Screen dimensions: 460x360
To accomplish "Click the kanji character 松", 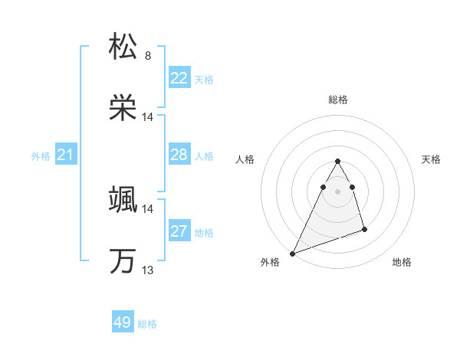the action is [x=123, y=47].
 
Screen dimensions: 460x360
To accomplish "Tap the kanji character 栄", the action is [x=123, y=108].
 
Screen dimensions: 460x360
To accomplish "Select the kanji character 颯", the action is [x=123, y=201].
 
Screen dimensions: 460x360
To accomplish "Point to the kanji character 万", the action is [x=123, y=261].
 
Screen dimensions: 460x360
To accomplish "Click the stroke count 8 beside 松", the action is [x=148, y=56].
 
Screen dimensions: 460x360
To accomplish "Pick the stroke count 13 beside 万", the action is [x=148, y=270].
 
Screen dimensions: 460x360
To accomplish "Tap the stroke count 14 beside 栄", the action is [x=148, y=117].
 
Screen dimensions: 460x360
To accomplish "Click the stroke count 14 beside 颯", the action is [x=148, y=209].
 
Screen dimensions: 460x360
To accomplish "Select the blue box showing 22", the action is [x=179, y=78].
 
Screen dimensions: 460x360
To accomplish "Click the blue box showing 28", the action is [x=179, y=155].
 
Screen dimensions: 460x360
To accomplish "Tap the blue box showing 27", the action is [x=179, y=231].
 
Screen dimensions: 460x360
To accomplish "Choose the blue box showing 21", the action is [x=66, y=155].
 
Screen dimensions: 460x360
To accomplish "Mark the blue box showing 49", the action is [x=123, y=322].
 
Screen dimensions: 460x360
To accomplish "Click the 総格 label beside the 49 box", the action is [x=147, y=324].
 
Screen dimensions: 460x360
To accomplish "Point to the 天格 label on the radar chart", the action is [x=431, y=159].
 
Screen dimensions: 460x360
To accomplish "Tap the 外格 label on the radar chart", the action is [x=270, y=262].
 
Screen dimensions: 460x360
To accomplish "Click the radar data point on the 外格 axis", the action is [x=292, y=253].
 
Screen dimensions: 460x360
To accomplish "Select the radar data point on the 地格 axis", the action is [x=364, y=229].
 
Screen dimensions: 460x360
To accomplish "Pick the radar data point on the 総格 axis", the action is [x=337, y=161].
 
